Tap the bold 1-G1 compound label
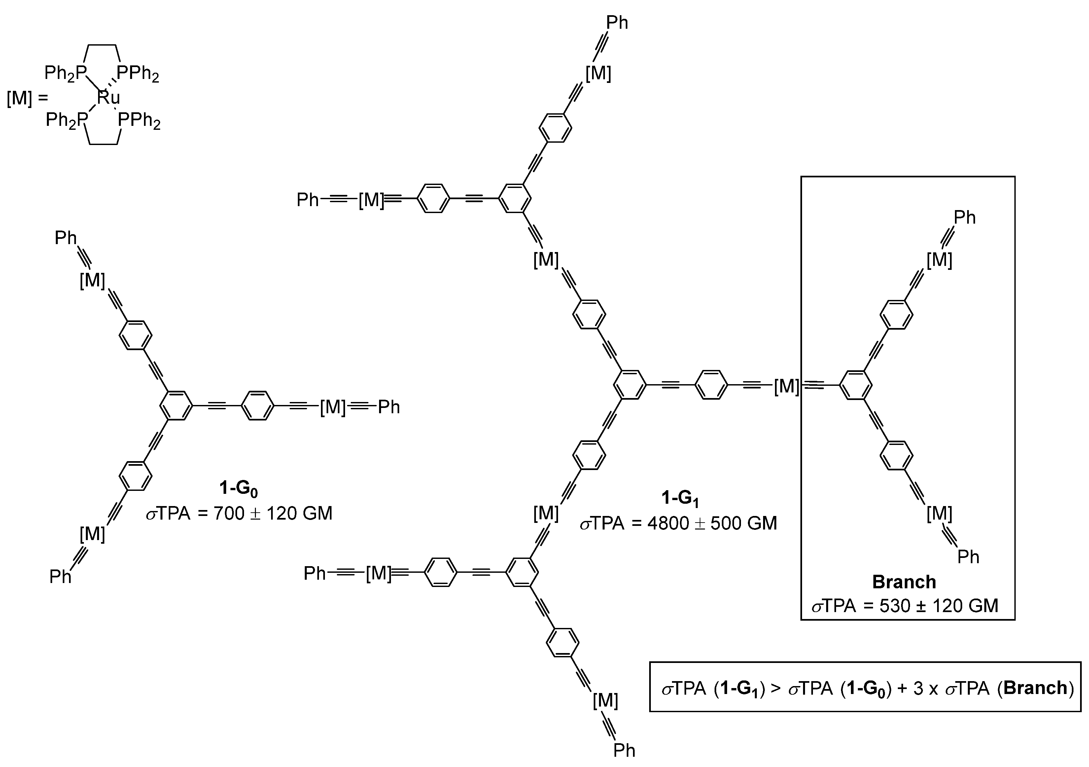point(680,498)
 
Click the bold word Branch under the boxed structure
point(904,582)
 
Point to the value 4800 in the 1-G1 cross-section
point(668,523)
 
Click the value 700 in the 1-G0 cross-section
point(229,513)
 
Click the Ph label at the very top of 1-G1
point(617,22)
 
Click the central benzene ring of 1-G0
point(176,406)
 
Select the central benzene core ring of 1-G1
point(629,385)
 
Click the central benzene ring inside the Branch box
point(856,385)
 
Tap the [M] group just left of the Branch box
point(787,386)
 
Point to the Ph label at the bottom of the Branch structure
point(968,556)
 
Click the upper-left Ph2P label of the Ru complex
point(65,73)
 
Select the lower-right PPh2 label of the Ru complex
point(139,121)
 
